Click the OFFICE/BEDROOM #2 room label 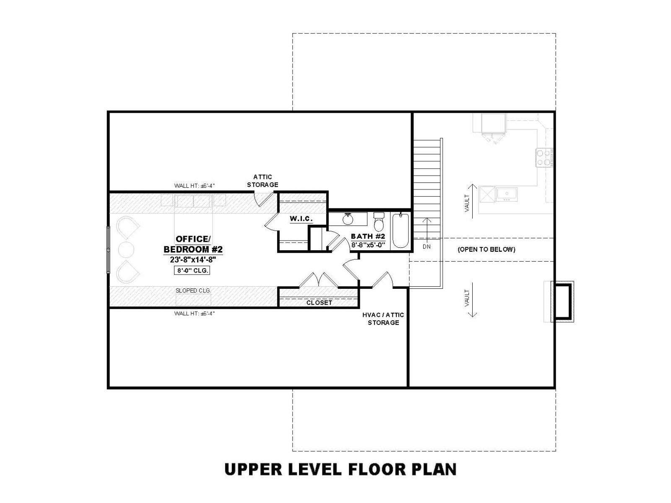(x=193, y=244)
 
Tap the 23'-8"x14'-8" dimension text (x=193, y=260)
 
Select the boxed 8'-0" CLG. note (x=192, y=270)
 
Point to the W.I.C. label (x=301, y=219)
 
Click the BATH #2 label (x=368, y=236)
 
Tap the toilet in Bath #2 (x=379, y=222)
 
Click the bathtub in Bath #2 (x=401, y=231)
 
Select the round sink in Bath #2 (x=348, y=219)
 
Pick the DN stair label (x=427, y=246)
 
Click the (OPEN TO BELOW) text (x=486, y=249)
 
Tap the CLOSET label (x=319, y=302)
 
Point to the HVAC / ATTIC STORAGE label (x=383, y=319)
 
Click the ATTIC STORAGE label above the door (x=263, y=181)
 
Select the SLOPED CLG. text (x=193, y=290)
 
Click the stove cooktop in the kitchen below (x=544, y=157)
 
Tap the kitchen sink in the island (x=507, y=194)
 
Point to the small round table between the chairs (x=126, y=249)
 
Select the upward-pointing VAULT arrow (x=472, y=201)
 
